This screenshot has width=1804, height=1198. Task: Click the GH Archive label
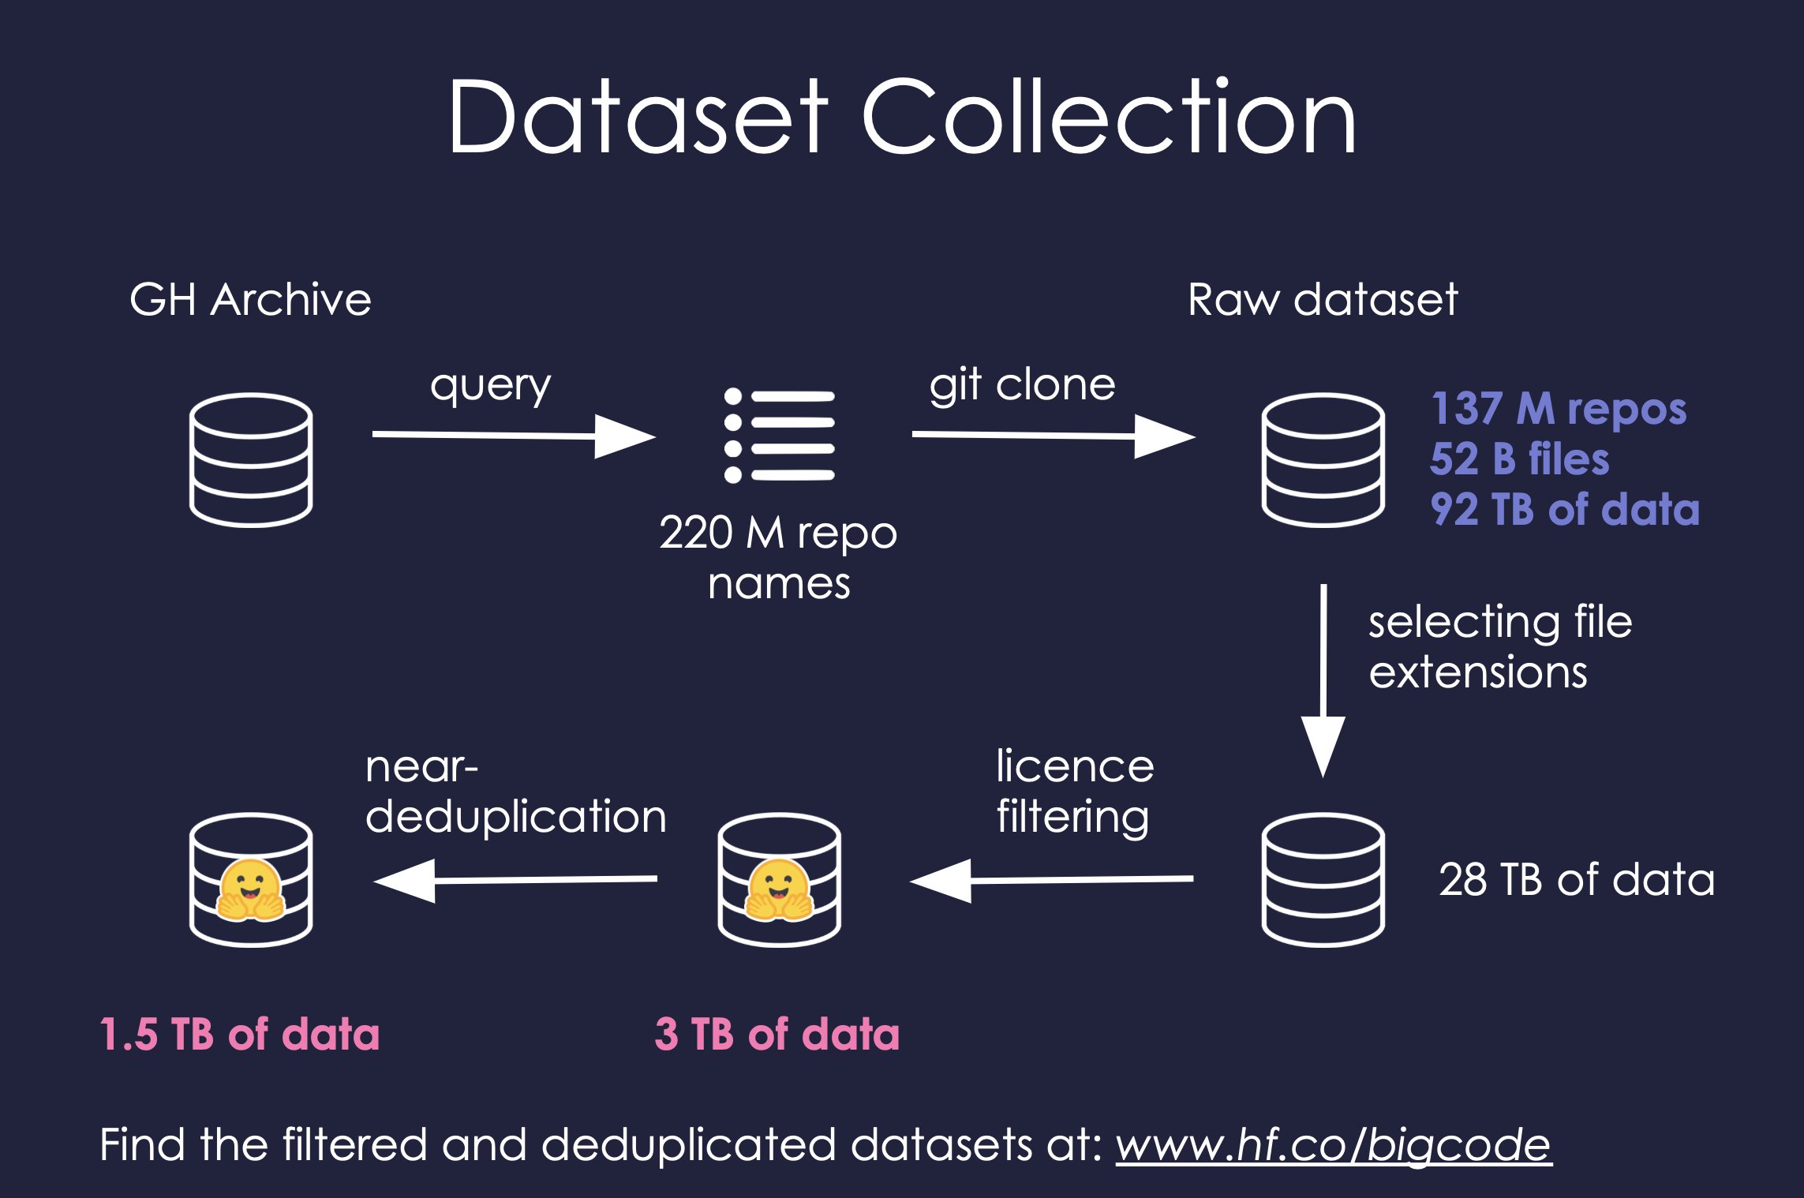coord(250,300)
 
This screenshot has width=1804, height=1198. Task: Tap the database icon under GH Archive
coord(251,460)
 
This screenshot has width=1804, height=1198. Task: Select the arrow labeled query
coord(513,436)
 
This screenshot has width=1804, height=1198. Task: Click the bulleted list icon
coord(779,436)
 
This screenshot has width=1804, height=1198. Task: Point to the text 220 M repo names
coord(778,557)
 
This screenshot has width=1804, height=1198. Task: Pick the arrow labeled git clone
coord(1053,436)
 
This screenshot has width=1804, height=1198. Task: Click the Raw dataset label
coord(1323,300)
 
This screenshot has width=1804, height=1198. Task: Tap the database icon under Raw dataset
coord(1323,460)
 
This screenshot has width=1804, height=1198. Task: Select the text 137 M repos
coord(1559,409)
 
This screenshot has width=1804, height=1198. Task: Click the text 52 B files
coord(1519,459)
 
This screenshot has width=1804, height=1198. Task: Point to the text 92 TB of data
coord(1565,510)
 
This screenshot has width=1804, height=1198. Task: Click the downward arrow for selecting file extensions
coord(1323,679)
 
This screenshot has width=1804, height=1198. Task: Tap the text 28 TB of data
coord(1576,880)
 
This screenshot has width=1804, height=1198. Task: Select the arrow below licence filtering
coord(1052,880)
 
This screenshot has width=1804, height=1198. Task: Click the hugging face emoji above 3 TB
coord(779,890)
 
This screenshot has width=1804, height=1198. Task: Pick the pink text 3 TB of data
coord(777,1035)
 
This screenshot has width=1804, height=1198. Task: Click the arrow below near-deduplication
coord(515,880)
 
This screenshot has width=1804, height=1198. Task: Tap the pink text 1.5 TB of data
coord(240,1035)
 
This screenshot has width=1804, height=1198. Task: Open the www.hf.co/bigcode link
coord(1334,1145)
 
